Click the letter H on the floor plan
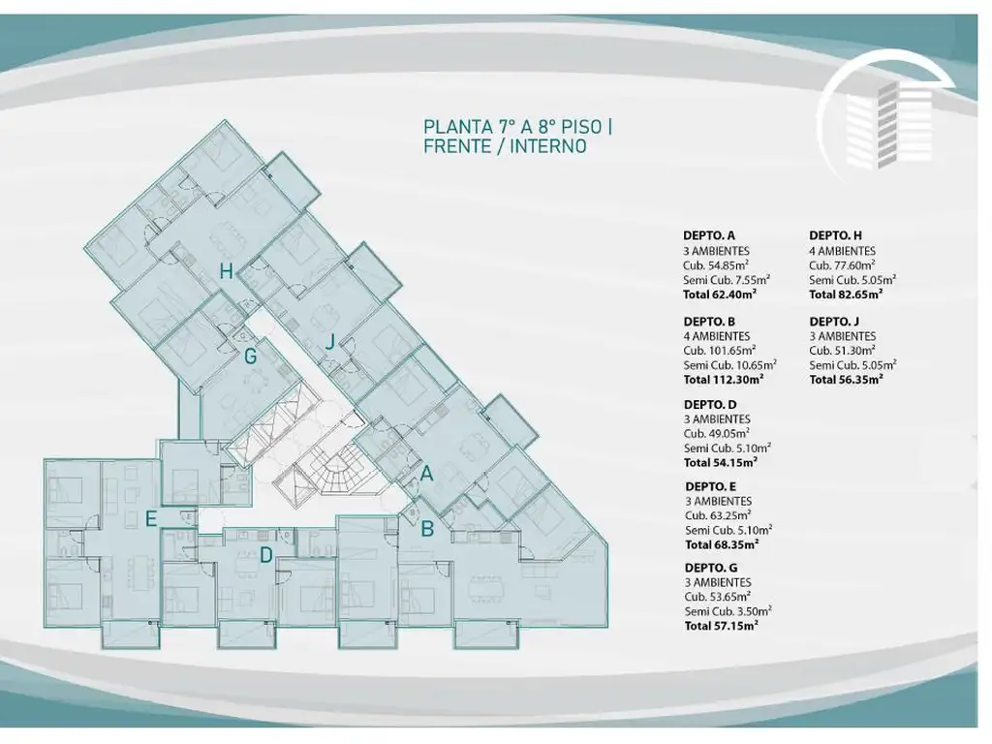coord(227,271)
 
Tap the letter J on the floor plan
coord(329,342)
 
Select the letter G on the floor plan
coord(251,356)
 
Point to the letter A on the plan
coord(426,473)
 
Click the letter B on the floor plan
coord(427,528)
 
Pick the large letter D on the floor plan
coord(266,555)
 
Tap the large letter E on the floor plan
coord(150,519)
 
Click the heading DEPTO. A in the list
coord(708,236)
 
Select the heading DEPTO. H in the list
coord(835,236)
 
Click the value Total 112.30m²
coord(724,380)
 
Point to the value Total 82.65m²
coord(846,294)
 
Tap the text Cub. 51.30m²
coord(842,351)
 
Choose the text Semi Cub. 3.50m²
coord(728,611)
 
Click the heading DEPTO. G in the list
coord(711,568)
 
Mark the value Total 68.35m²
coord(722,544)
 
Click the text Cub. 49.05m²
coord(717,433)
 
